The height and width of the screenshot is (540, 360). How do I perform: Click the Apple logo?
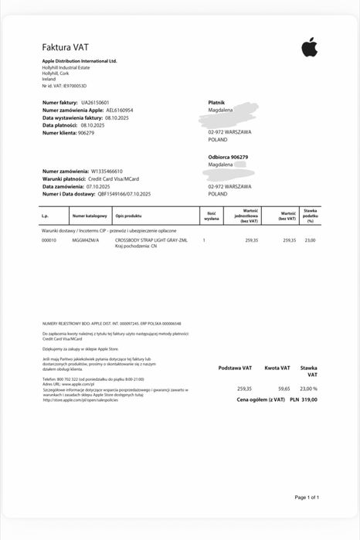(x=309, y=48)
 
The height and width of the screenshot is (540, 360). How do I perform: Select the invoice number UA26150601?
(x=95, y=102)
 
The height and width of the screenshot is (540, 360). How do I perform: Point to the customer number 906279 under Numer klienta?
(x=86, y=133)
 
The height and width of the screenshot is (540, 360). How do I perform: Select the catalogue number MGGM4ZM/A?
(x=86, y=240)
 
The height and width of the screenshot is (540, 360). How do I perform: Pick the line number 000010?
(x=49, y=240)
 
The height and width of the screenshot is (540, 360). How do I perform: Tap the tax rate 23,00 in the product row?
(x=311, y=240)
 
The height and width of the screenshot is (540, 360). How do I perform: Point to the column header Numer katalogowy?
(x=84, y=216)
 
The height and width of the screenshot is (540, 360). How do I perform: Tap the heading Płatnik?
(x=216, y=102)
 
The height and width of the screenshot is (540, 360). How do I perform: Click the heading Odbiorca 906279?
(x=228, y=157)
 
